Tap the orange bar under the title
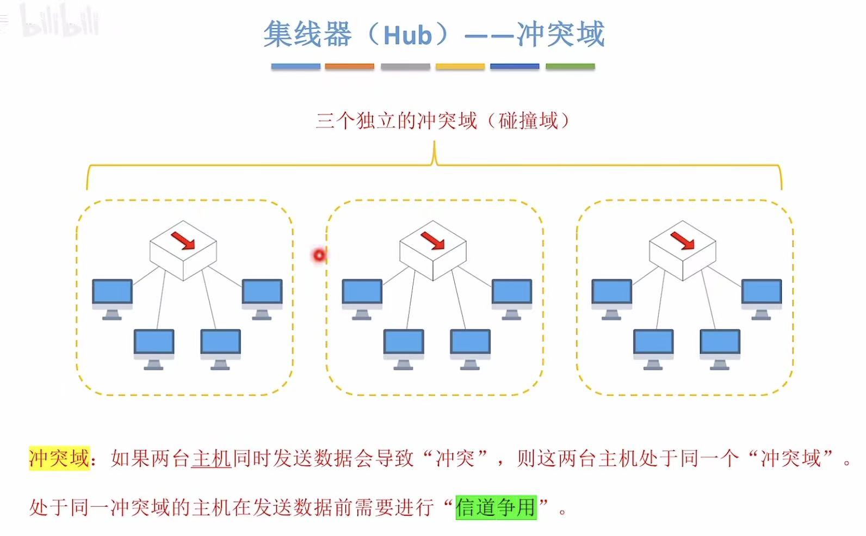tap(349, 66)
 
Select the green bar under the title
tap(570, 66)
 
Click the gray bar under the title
tap(405, 66)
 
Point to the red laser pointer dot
tap(319, 255)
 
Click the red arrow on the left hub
tap(183, 240)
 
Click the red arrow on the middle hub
tap(433, 240)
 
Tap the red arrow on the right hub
tap(683, 240)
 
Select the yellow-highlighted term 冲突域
tap(59, 458)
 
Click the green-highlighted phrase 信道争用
tap(496, 507)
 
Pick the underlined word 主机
tap(212, 458)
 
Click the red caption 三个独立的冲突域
tap(396, 120)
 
